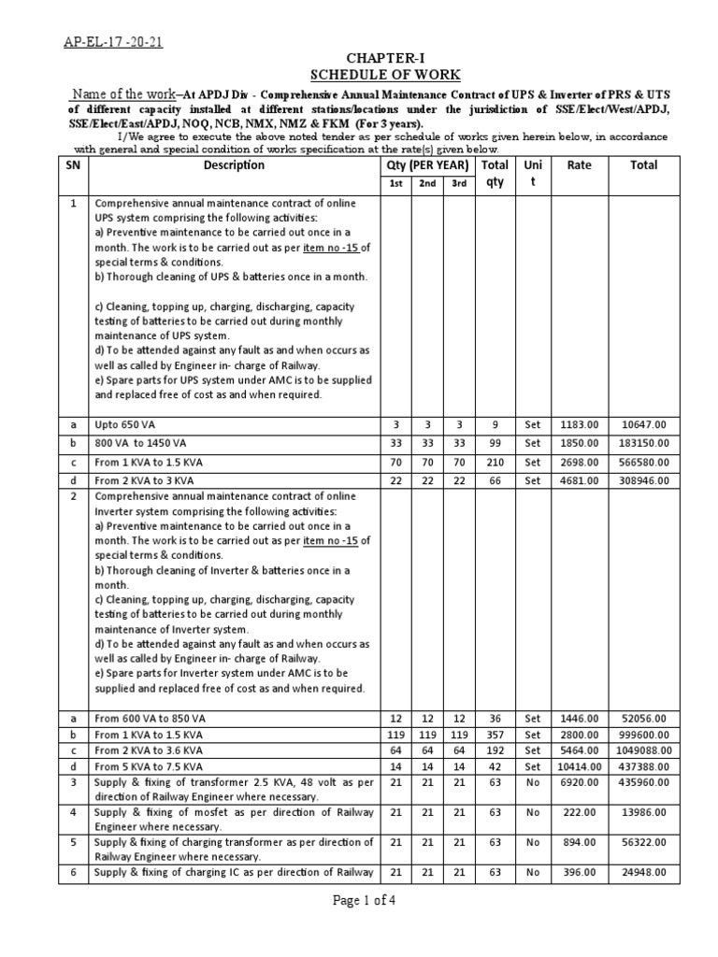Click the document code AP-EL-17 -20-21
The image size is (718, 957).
pyautogui.click(x=110, y=41)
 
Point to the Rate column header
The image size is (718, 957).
pyautogui.click(x=580, y=165)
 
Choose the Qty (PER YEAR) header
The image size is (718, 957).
pyautogui.click(x=427, y=165)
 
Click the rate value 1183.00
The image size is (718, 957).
pyautogui.click(x=580, y=424)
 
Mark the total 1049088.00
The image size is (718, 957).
pyautogui.click(x=645, y=750)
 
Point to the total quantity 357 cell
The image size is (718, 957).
pyautogui.click(x=495, y=735)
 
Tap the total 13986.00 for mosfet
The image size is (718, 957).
pyautogui.click(x=645, y=813)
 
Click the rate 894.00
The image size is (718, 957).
pyautogui.click(x=580, y=843)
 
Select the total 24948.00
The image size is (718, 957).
pyautogui.click(x=645, y=873)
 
